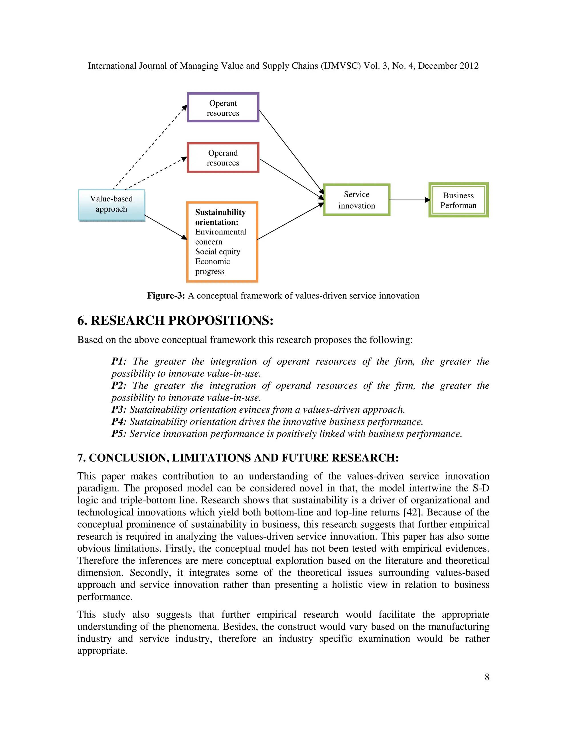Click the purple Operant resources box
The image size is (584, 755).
(223, 107)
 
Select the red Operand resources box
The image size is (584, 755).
(223, 158)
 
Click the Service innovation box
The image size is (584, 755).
(356, 200)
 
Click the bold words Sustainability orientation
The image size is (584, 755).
(220, 217)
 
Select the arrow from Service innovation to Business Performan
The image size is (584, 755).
(410, 200)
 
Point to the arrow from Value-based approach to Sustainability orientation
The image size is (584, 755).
(165, 227)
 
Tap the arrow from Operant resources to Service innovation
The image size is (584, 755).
(291, 152)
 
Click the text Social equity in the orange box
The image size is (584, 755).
(217, 252)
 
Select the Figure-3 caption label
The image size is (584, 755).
(166, 295)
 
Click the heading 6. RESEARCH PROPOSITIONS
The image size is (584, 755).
(175, 321)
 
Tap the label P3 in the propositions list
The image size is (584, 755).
(118, 410)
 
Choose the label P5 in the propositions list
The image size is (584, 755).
(118, 434)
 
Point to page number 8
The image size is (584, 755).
(487, 677)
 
